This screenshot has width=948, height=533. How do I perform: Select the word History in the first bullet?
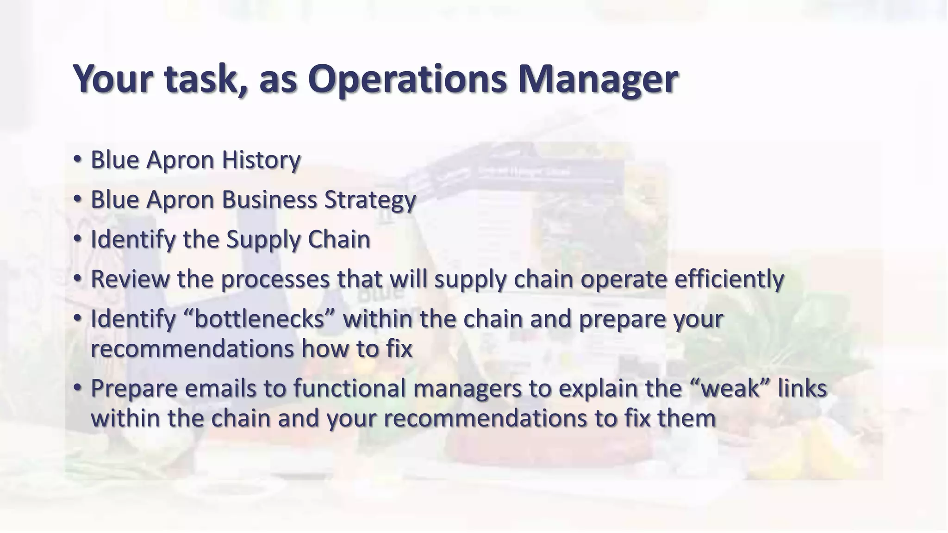coord(261,160)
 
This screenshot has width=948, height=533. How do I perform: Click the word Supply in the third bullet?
coord(263,240)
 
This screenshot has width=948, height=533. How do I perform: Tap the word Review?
coord(130,279)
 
